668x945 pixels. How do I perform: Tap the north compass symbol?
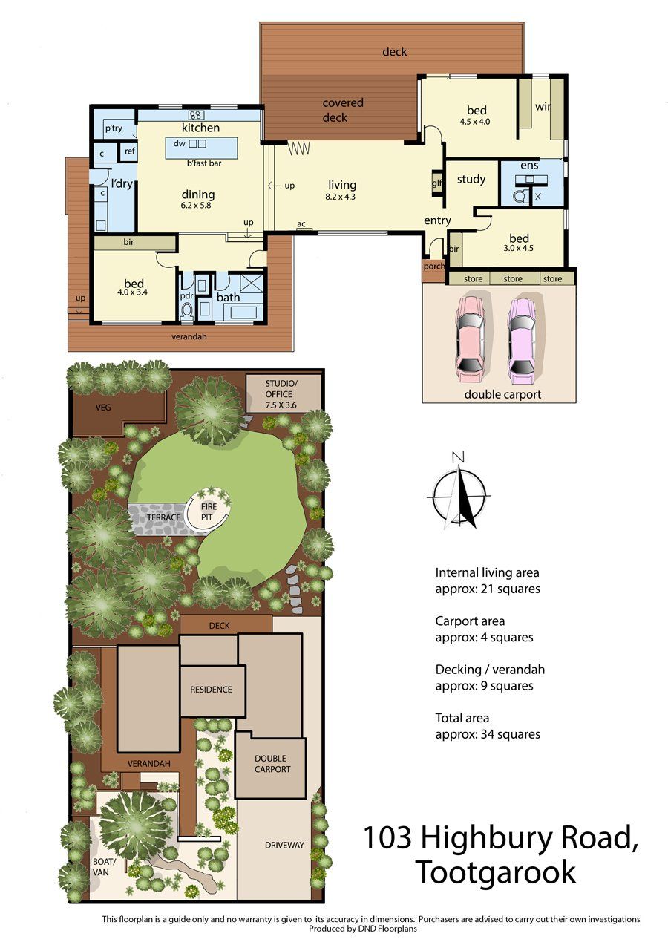click(x=460, y=490)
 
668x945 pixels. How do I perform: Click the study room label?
click(x=471, y=179)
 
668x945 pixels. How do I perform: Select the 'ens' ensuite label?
click(x=529, y=165)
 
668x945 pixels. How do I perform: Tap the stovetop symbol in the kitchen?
click(x=197, y=114)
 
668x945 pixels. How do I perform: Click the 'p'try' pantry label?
click(x=113, y=128)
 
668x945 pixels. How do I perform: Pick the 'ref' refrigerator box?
click(x=129, y=151)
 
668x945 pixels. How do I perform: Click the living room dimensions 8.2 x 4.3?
click(x=341, y=197)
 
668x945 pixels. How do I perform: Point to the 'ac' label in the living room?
click(x=301, y=223)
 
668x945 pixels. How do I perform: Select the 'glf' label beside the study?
click(x=436, y=183)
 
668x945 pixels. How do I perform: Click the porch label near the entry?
click(x=433, y=267)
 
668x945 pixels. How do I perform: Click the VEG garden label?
click(x=102, y=407)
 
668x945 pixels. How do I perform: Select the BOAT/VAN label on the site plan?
click(x=101, y=867)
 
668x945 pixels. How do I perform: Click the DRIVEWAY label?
click(x=284, y=845)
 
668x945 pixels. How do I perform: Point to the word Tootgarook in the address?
click(x=495, y=872)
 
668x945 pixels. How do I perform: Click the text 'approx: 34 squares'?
click(x=487, y=734)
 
